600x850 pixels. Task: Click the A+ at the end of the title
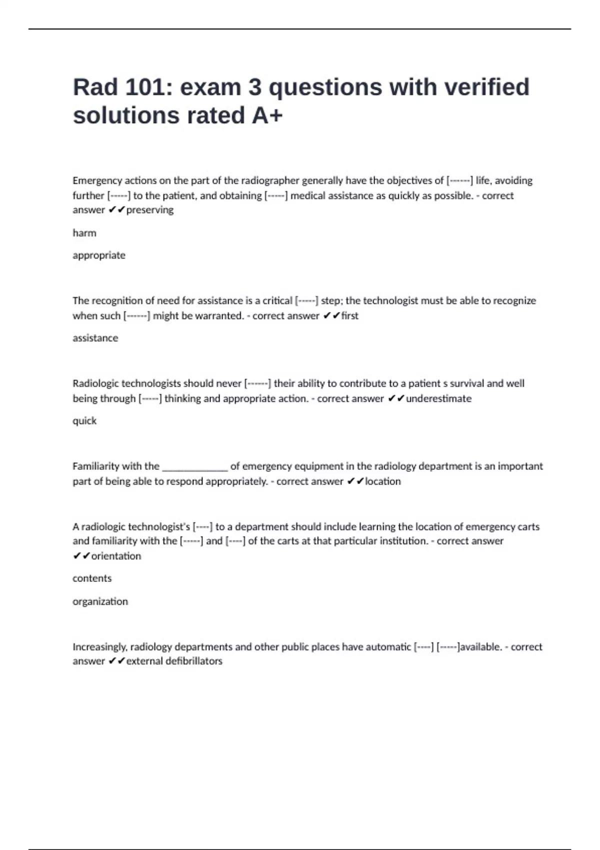(267, 115)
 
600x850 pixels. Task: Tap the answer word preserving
(150, 210)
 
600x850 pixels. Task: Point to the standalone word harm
(84, 233)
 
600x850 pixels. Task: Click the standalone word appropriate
(99, 255)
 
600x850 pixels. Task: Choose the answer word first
(350, 316)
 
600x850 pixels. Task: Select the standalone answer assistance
(95, 338)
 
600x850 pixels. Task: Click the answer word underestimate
(438, 398)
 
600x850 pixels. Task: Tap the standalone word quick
(84, 421)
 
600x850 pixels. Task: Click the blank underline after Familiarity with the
(195, 467)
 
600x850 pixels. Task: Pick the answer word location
(383, 481)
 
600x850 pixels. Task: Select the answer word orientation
(116, 556)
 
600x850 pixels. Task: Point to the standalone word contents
(92, 578)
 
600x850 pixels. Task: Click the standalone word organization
(100, 601)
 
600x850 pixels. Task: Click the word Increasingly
(99, 647)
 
